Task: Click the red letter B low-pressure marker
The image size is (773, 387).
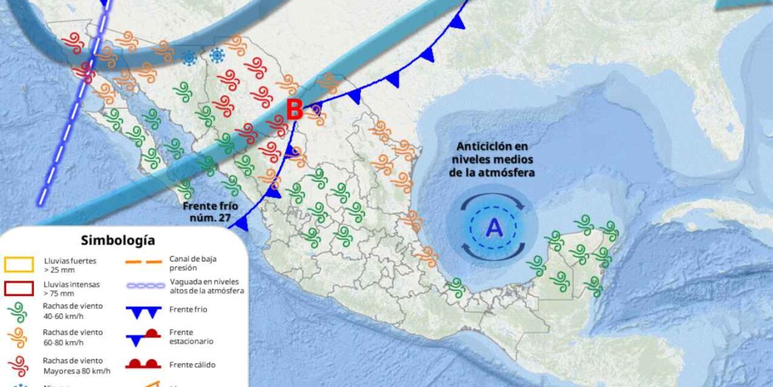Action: pos(294,109)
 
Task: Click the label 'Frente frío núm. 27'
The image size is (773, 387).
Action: pos(211,212)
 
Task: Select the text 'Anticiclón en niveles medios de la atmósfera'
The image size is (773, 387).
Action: pos(492,160)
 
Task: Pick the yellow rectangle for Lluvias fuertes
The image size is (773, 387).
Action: pos(18,264)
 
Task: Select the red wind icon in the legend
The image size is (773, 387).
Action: pos(18,365)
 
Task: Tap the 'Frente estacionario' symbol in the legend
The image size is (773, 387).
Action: pos(143,336)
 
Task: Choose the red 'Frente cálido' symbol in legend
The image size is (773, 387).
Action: pos(143,364)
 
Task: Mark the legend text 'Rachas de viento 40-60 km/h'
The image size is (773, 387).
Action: pos(73,311)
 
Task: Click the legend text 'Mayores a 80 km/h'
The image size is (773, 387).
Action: pos(77,370)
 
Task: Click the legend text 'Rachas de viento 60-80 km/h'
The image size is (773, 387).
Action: pos(73,337)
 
